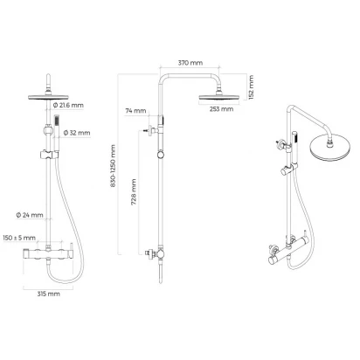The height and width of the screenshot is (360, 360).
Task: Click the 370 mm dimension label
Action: [x=190, y=63]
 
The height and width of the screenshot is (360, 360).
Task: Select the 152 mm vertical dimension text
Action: [x=251, y=87]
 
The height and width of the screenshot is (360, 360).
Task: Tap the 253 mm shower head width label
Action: [x=221, y=109]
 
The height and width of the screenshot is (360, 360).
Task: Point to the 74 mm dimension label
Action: [x=135, y=111]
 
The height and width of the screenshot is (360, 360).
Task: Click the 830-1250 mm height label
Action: [x=114, y=166]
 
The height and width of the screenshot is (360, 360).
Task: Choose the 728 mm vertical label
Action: [x=134, y=192]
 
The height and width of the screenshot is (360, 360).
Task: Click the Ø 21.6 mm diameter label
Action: [x=68, y=105]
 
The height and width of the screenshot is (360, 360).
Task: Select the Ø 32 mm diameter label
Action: [x=77, y=133]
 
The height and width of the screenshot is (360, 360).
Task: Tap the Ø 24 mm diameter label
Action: [x=30, y=215]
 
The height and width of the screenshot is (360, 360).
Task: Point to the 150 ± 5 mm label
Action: [x=19, y=238]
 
